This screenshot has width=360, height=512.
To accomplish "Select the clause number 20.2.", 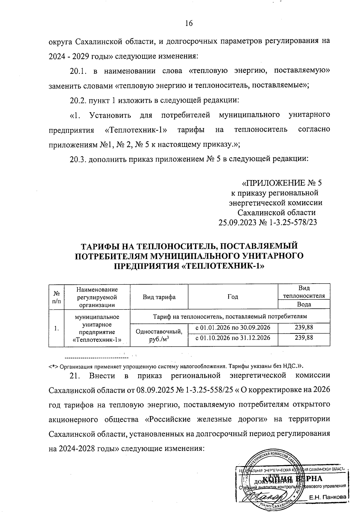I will click(78, 100).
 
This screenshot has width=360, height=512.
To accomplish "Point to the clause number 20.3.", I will click(78, 159).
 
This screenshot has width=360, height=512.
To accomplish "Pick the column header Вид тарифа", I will click(159, 297).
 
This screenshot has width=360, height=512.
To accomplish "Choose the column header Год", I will click(232, 297).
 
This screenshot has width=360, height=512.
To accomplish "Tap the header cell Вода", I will click(304, 304).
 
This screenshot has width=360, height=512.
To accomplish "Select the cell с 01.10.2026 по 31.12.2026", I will click(232, 338).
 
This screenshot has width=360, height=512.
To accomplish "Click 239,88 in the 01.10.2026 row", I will click(304, 338).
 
